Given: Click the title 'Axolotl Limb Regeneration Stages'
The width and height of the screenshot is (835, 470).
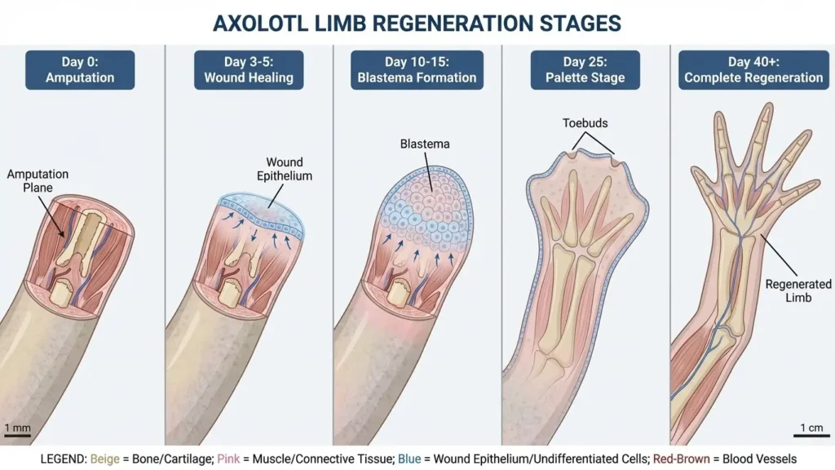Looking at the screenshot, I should [x=417, y=22].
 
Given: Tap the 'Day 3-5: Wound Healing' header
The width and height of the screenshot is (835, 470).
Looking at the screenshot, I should [x=249, y=69].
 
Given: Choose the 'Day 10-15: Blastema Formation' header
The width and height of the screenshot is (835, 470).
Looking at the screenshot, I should [x=417, y=69].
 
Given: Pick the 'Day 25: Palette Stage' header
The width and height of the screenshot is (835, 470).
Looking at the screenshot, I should [x=585, y=69].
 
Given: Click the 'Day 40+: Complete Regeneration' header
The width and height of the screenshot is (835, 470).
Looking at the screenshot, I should [x=753, y=69].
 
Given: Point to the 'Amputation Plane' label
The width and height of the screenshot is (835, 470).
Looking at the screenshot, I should [x=38, y=181].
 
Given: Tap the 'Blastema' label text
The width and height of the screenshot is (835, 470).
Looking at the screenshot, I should [x=425, y=144].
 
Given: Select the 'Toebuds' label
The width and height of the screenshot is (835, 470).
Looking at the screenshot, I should [x=585, y=124].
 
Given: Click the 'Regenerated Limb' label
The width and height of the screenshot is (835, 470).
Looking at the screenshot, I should [x=798, y=290].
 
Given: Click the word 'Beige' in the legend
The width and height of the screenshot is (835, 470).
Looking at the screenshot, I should [x=105, y=459].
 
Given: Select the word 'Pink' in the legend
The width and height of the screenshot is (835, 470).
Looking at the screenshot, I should [x=229, y=459].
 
